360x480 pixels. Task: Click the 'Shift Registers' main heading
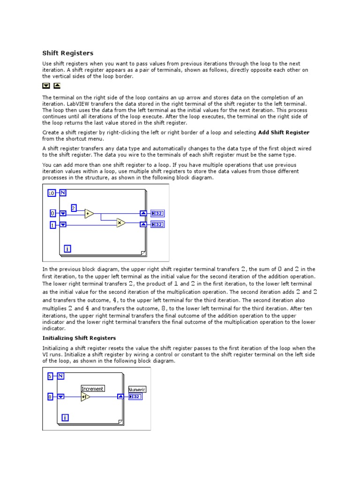[68, 53]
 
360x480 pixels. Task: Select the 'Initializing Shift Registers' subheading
[79, 338]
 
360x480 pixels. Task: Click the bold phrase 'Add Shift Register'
[284, 133]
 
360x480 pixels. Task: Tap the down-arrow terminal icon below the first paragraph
[46, 86]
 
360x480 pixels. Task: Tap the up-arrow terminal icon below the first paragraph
[57, 86]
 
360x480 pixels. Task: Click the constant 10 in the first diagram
[52, 193]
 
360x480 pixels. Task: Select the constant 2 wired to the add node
[74, 208]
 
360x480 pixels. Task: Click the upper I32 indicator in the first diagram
[157, 213]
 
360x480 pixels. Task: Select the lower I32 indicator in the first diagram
[157, 225]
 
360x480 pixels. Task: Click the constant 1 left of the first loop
[52, 225]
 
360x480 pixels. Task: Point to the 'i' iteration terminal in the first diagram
[67, 249]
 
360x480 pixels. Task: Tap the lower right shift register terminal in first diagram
[143, 225]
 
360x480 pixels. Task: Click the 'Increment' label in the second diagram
[93, 389]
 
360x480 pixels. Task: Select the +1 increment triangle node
[85, 397]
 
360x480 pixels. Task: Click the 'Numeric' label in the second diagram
[137, 389]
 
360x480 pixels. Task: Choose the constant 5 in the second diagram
[50, 376]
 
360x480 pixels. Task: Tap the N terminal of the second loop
[61, 376]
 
